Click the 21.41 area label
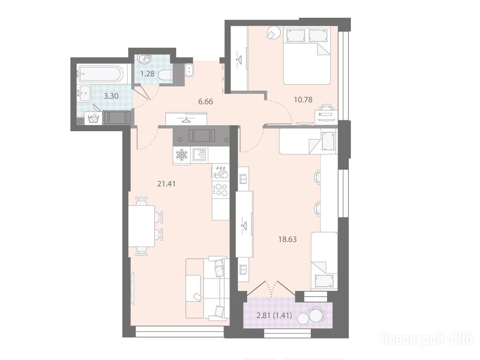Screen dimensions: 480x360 166,184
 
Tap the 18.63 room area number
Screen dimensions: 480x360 287,239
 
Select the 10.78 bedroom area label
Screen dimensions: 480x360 303,99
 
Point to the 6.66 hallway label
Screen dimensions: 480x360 205,101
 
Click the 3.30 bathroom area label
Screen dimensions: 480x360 111,96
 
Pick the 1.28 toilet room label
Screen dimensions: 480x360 148,74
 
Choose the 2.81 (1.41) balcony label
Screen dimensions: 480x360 270,315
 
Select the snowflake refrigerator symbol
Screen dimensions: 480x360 181,155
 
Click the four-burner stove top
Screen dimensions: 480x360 221,189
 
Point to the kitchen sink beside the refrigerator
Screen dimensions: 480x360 200,155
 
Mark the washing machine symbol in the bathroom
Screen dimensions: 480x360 93,118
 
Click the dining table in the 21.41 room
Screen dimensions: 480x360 142,226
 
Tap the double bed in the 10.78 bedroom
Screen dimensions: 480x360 307,55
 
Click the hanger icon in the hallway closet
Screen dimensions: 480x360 186,120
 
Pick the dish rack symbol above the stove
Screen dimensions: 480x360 221,172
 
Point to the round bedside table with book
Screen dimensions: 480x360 274,32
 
